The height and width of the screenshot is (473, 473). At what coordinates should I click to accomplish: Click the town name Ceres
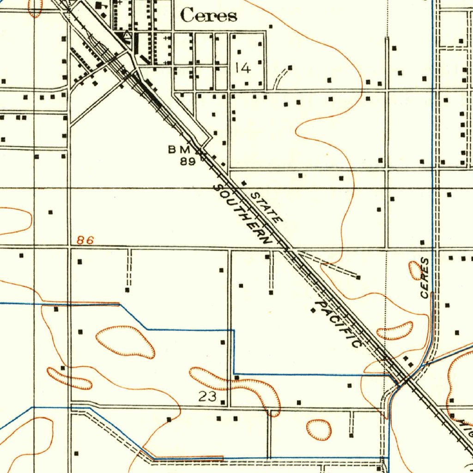pyautogui.click(x=208, y=16)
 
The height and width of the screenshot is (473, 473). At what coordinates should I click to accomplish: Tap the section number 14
pyautogui.click(x=243, y=68)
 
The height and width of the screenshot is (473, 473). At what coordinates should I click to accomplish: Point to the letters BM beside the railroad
pyautogui.click(x=179, y=149)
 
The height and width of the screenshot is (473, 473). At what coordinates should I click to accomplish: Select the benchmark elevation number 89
pyautogui.click(x=188, y=161)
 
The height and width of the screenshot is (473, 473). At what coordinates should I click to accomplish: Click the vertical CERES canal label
pyautogui.click(x=424, y=278)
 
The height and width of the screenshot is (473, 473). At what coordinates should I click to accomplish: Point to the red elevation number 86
pyautogui.click(x=85, y=240)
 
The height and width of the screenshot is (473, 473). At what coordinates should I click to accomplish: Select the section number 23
pyautogui.click(x=207, y=396)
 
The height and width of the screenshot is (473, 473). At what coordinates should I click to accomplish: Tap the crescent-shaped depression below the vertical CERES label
pyautogui.click(x=395, y=331)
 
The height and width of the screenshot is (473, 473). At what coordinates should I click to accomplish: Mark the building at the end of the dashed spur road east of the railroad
pyautogui.click(x=358, y=277)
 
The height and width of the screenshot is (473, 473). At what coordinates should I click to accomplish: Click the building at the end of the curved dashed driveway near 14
pyautogui.click(x=290, y=68)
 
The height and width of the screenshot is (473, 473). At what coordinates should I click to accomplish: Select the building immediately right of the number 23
pyautogui.click(x=223, y=402)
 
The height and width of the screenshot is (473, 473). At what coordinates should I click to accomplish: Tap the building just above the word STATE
pyautogui.click(x=244, y=183)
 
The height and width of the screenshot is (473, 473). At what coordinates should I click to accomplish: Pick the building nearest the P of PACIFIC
pyautogui.click(x=313, y=310)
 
